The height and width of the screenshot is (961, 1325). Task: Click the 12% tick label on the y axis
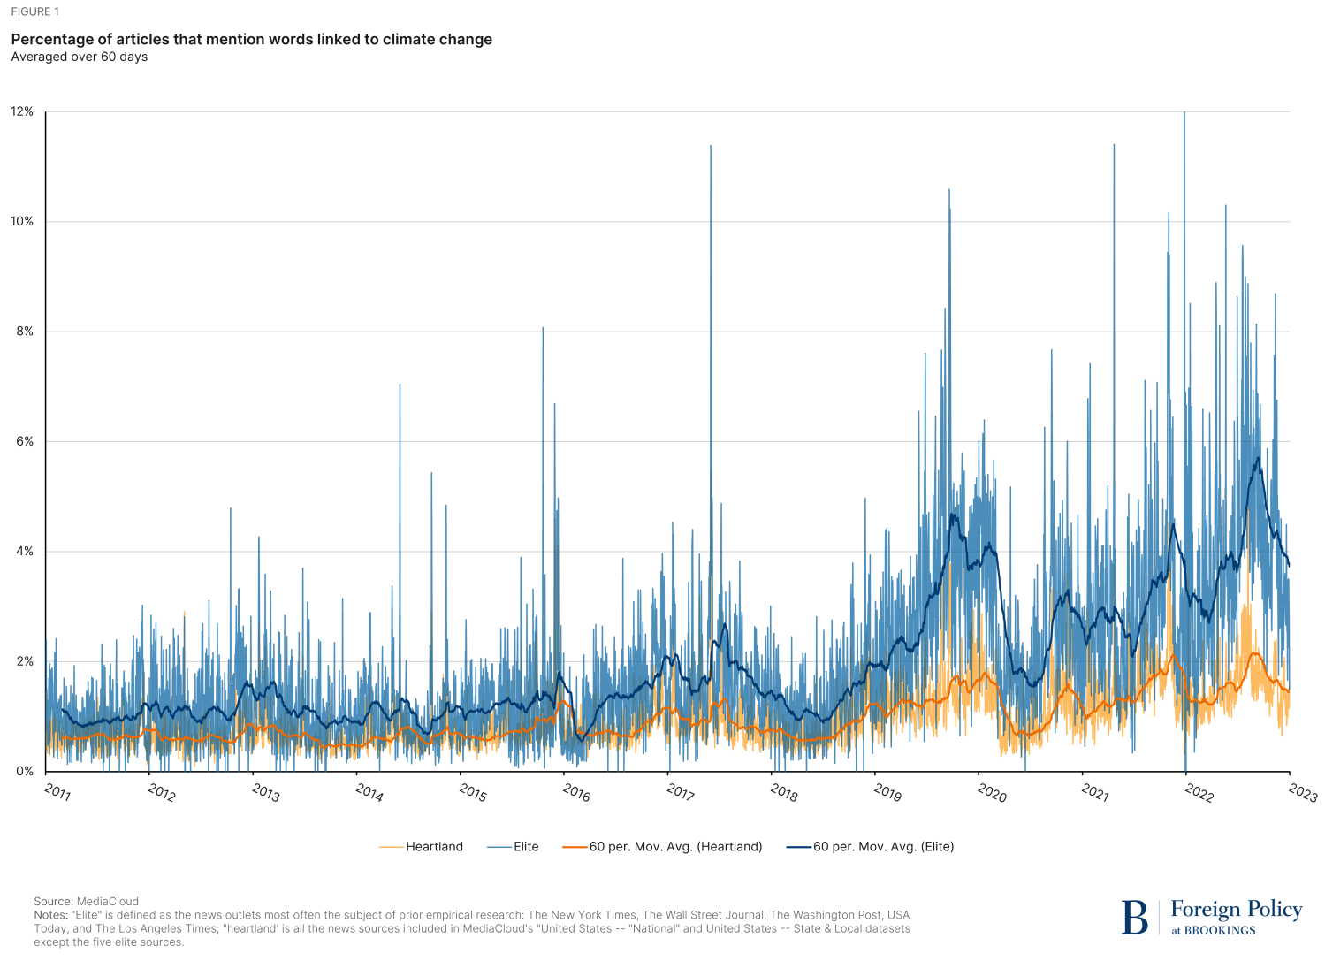pyautogui.click(x=22, y=111)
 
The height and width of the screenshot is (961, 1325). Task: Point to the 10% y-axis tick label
pyautogui.click(x=22, y=222)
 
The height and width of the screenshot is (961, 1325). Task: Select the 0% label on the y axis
pyautogui.click(x=24, y=771)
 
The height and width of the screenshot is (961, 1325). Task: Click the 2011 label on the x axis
pyautogui.click(x=57, y=792)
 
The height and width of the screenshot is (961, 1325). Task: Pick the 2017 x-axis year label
pyautogui.click(x=680, y=792)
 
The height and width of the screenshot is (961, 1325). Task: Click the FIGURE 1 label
pyautogui.click(x=34, y=12)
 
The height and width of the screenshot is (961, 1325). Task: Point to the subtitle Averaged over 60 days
pyautogui.click(x=79, y=57)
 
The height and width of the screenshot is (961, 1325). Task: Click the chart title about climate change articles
pyautogui.click(x=251, y=40)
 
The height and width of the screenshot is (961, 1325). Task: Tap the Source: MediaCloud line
pyautogui.click(x=86, y=902)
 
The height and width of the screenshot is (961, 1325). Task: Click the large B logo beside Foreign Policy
pyautogui.click(x=1134, y=918)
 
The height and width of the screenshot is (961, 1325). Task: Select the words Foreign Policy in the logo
pyautogui.click(x=1237, y=910)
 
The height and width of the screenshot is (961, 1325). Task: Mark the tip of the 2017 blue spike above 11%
pyautogui.click(x=711, y=145)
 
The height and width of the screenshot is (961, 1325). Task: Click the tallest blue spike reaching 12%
pyautogui.click(x=1184, y=113)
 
